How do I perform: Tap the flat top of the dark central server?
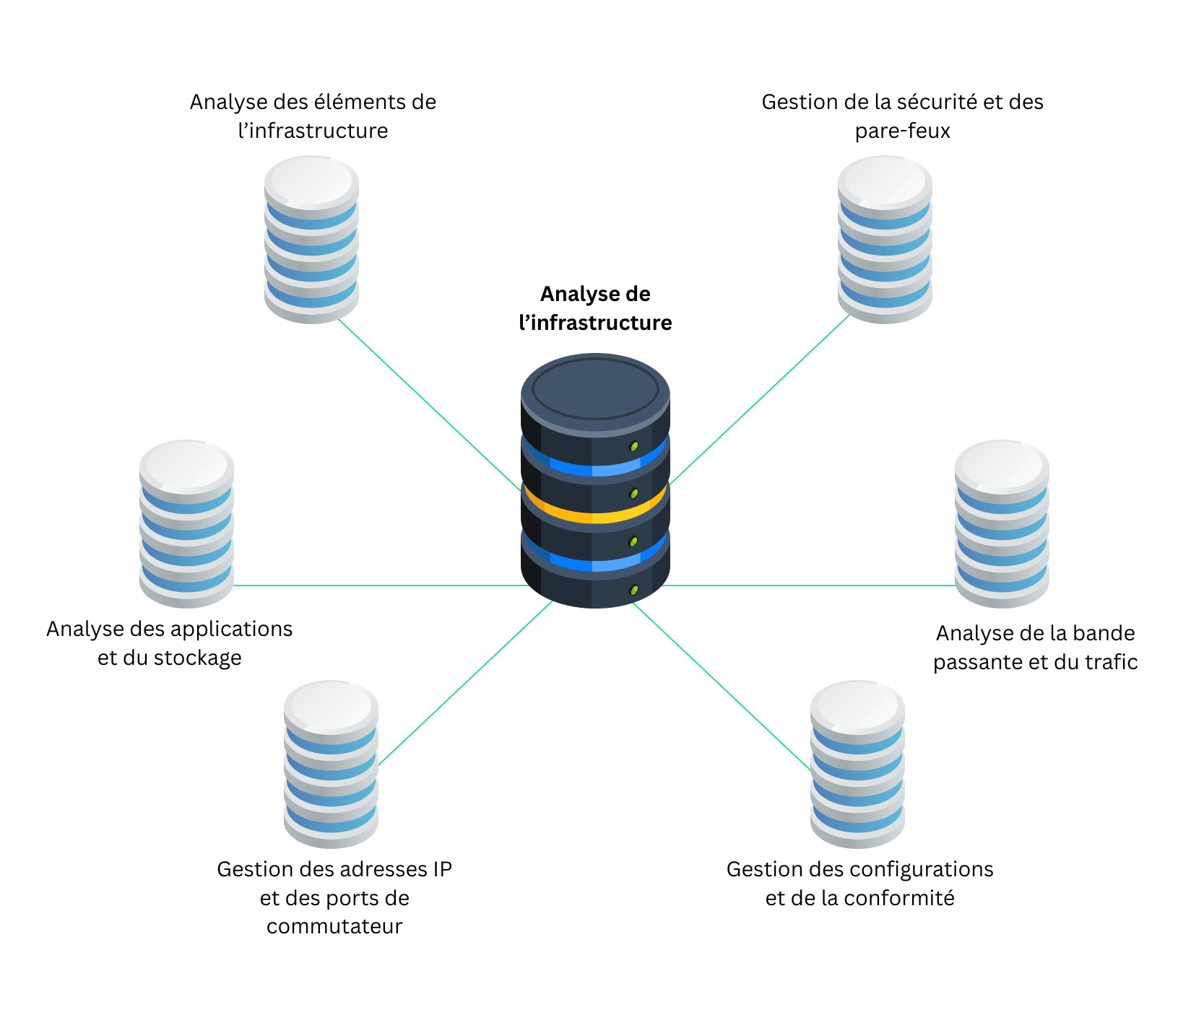(x=595, y=389)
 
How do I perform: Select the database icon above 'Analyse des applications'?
(x=186, y=523)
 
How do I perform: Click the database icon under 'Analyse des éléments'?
(x=311, y=240)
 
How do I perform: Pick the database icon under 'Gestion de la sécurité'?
(x=885, y=240)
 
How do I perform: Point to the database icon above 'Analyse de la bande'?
(x=1002, y=523)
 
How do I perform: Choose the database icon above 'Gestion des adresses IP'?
(x=331, y=764)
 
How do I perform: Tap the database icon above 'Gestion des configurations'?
(x=857, y=764)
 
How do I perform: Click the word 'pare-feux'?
(x=903, y=131)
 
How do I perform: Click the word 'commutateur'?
(x=334, y=926)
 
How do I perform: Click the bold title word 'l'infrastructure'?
(x=595, y=323)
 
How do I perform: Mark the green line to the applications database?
(x=376, y=585)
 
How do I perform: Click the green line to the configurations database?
(x=722, y=686)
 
